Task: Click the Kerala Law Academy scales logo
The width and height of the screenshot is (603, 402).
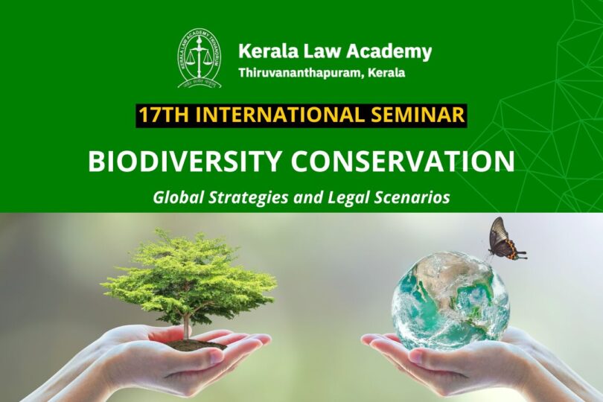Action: click(200, 58)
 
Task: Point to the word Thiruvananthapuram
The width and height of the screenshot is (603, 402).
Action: click(300, 73)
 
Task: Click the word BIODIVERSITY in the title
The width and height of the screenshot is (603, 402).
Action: click(184, 162)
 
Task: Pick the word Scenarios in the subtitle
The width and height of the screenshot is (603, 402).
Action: click(412, 197)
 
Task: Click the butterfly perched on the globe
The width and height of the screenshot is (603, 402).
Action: click(504, 239)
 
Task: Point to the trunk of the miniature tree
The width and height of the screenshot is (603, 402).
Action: click(187, 326)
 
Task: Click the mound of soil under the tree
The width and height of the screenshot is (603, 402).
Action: click(196, 344)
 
